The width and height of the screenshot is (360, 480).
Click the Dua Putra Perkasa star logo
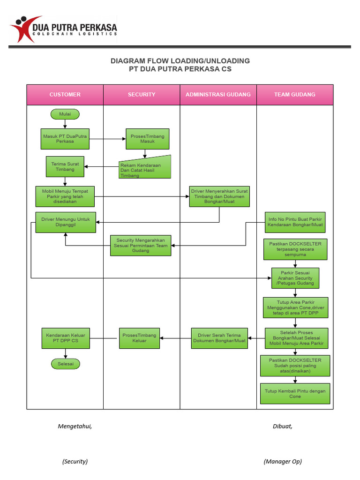pyautogui.click(x=21, y=28)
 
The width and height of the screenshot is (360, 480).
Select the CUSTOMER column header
pyautogui.click(x=65, y=95)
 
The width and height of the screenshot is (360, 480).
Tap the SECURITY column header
pyautogui.click(x=142, y=95)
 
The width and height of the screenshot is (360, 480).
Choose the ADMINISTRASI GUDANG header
pyautogui.click(x=218, y=95)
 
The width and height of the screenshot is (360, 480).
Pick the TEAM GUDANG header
pyautogui.click(x=294, y=95)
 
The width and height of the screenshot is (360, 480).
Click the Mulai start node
pyautogui.click(x=65, y=114)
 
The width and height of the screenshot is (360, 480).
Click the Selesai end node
pyautogui.click(x=65, y=364)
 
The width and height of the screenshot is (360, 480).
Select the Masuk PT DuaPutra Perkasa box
pyautogui.click(x=65, y=139)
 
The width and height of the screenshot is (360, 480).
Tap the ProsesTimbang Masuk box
pyautogui.click(x=147, y=139)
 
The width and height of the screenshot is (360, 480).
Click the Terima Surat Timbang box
pyautogui.click(x=65, y=166)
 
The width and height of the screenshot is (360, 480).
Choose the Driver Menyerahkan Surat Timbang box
pyautogui.click(x=219, y=196)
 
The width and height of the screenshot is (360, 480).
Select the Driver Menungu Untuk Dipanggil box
pyautogui.click(x=66, y=222)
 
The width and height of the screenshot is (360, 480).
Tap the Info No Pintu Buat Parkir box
pyautogui.click(x=295, y=222)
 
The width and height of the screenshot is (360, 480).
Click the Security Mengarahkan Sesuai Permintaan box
pyautogui.click(x=141, y=246)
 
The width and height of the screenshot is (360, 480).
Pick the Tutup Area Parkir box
pyautogui.click(x=295, y=307)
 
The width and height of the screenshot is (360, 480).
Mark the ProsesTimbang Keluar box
pyautogui.click(x=139, y=338)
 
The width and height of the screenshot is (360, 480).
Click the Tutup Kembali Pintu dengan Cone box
pyautogui.click(x=295, y=394)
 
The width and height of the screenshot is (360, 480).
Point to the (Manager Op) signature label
pyautogui.click(x=283, y=461)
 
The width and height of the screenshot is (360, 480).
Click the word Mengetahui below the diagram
pyautogui.click(x=75, y=426)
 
